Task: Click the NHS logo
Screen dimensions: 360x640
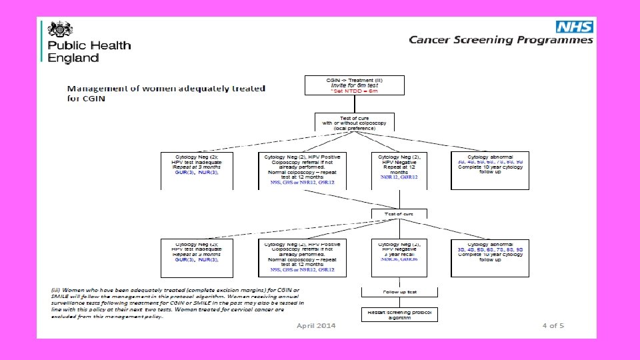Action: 574,27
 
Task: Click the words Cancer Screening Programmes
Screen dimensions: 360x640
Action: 501,40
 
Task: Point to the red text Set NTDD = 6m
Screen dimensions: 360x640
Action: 354,91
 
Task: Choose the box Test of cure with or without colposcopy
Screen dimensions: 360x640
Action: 354,122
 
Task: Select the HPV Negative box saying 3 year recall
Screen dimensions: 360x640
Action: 399,257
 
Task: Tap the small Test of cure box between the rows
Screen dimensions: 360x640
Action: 399,214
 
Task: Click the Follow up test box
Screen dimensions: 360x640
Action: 399,292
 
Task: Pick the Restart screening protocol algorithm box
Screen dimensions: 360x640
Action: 399,315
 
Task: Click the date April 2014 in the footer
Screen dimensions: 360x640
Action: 316,325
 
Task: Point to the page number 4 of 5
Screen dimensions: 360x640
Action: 553,325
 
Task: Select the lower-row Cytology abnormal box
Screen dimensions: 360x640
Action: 490,257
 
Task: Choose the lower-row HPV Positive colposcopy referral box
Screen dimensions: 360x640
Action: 303,257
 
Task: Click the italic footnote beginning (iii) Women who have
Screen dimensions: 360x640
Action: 177,303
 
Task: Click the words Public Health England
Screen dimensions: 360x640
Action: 89,51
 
